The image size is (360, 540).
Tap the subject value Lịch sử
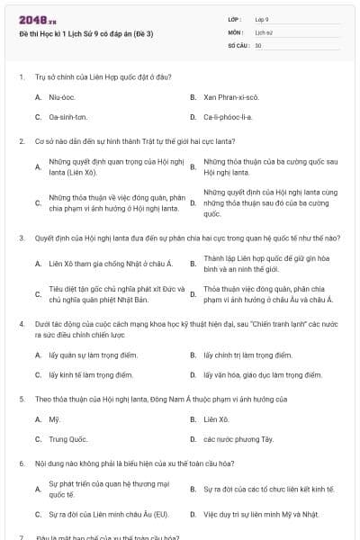coord(264,31)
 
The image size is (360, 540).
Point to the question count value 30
coord(258,44)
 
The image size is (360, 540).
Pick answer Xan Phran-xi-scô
coord(231,96)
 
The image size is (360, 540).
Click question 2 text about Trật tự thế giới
coord(162,141)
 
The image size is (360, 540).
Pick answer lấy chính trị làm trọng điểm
coord(247,355)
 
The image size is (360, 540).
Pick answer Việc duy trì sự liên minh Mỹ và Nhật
coord(261,515)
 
